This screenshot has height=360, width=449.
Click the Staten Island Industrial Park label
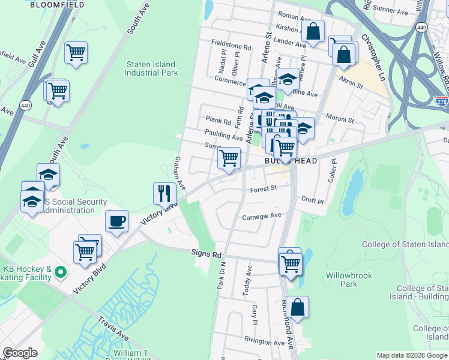click(x=151, y=68)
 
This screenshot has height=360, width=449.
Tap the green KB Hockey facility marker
click(x=60, y=272)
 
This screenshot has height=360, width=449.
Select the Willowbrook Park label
click(x=349, y=280)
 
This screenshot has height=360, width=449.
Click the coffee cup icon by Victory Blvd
click(x=117, y=220)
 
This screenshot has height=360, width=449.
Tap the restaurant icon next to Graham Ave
click(x=164, y=193)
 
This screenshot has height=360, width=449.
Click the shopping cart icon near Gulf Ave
click(x=76, y=53)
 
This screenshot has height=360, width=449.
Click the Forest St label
click(x=263, y=188)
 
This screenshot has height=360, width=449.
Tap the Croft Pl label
click(x=312, y=201)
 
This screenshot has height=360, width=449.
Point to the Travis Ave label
click(x=113, y=325)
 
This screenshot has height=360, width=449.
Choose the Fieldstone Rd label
click(x=231, y=46)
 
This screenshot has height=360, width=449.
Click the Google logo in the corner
click(x=20, y=353)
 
